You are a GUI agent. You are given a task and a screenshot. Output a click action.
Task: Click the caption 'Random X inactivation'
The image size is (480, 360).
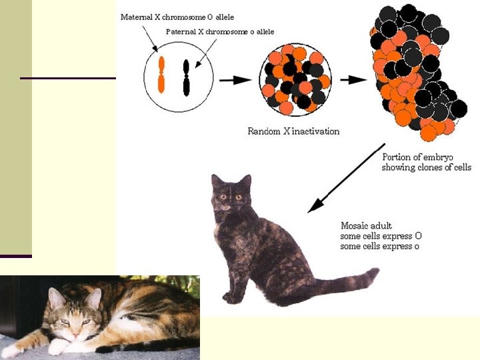coord(293,131)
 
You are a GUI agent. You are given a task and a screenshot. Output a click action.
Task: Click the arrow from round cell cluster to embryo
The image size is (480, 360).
coord(353,79)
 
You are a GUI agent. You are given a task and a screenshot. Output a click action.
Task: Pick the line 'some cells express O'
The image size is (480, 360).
coord(381,236)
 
